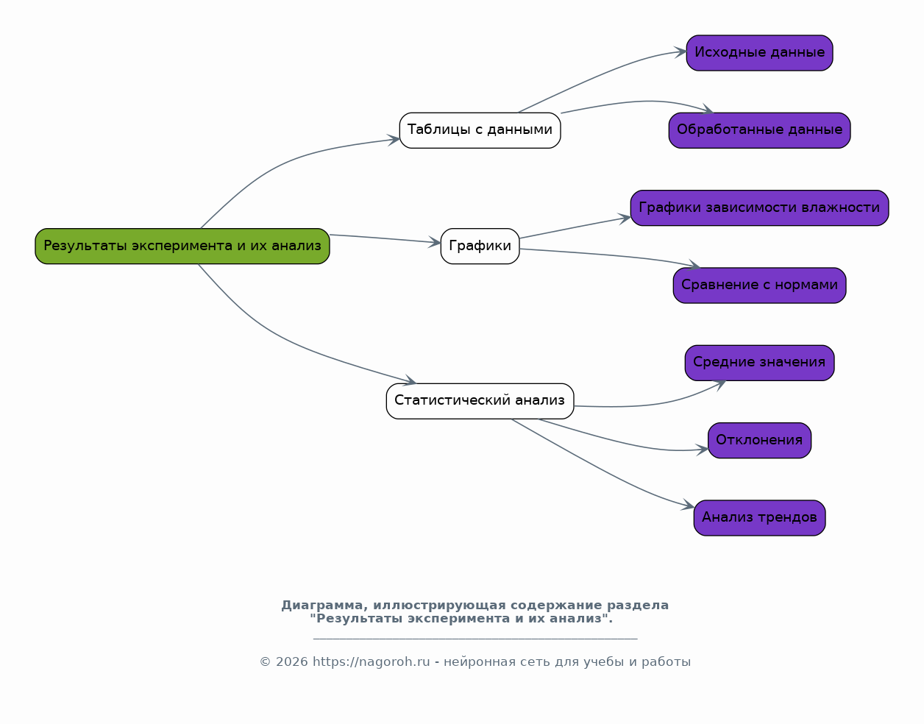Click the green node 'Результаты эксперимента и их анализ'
click(x=182, y=246)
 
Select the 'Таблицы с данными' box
click(x=480, y=130)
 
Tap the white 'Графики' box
click(x=480, y=246)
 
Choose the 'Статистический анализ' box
click(x=480, y=401)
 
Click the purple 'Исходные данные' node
click(x=759, y=53)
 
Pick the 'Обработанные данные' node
click(x=759, y=130)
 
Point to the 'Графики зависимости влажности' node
click(x=759, y=208)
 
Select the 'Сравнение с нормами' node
click(x=759, y=285)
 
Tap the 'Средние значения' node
click(x=759, y=363)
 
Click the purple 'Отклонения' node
click(x=759, y=440)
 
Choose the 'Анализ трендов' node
click(x=759, y=517)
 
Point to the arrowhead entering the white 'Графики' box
click(x=436, y=242)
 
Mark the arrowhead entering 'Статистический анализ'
click(x=411, y=380)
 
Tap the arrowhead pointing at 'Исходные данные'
click(x=680, y=52)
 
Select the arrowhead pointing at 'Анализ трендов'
click(x=689, y=505)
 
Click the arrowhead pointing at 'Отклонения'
click(x=703, y=450)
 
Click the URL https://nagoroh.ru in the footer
click(x=371, y=662)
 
